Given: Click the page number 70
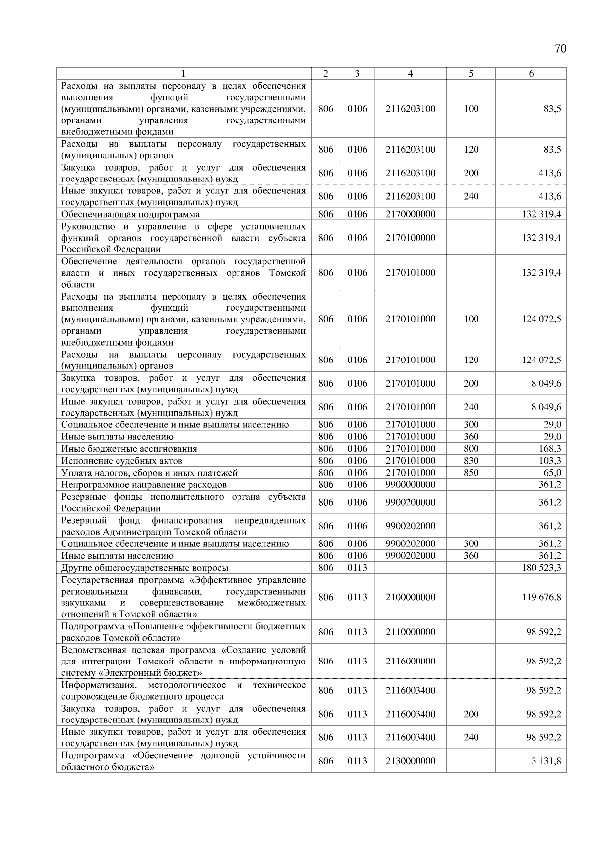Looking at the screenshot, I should [560, 49].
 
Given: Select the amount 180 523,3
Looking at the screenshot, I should [541, 568].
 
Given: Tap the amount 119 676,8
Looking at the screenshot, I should [541, 597].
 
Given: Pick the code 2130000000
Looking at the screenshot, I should [410, 761].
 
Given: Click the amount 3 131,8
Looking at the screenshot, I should [546, 761].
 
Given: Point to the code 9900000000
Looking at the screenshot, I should [410, 484].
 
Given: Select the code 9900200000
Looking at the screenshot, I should [410, 502].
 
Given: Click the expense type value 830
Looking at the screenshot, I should [471, 461].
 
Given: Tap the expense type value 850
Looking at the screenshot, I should [471, 473].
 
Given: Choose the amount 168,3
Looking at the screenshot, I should [550, 449].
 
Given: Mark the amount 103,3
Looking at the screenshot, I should [550, 461].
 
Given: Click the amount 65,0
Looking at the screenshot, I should [552, 473].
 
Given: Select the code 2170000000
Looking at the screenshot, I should [410, 214].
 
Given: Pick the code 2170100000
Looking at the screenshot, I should [410, 238].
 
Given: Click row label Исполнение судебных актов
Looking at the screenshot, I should [122, 461].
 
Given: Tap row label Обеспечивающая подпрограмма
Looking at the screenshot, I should [130, 214].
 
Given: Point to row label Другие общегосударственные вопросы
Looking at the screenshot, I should [145, 568].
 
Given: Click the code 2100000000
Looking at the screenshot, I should [410, 597].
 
